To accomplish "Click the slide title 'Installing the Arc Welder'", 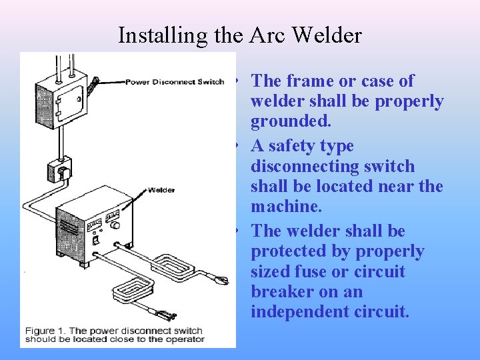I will click(x=239, y=35).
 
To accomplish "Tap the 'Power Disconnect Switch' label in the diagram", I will click(x=175, y=82).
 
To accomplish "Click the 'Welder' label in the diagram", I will click(x=161, y=190).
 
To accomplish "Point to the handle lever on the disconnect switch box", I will click(x=95, y=87).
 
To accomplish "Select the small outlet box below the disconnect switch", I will click(x=59, y=171).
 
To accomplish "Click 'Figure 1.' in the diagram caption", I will click(x=45, y=331).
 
